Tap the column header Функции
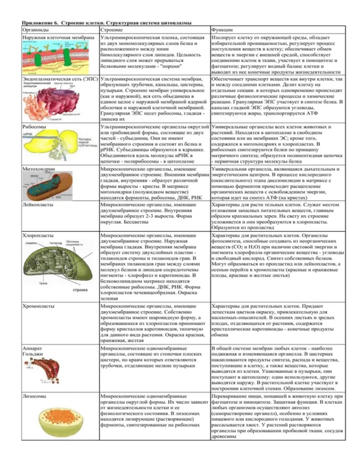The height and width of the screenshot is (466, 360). tap(222, 30)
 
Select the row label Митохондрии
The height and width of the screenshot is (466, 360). tap(39, 169)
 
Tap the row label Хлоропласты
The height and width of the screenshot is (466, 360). tap(38, 236)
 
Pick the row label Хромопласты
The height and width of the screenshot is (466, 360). tap(38, 306)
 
